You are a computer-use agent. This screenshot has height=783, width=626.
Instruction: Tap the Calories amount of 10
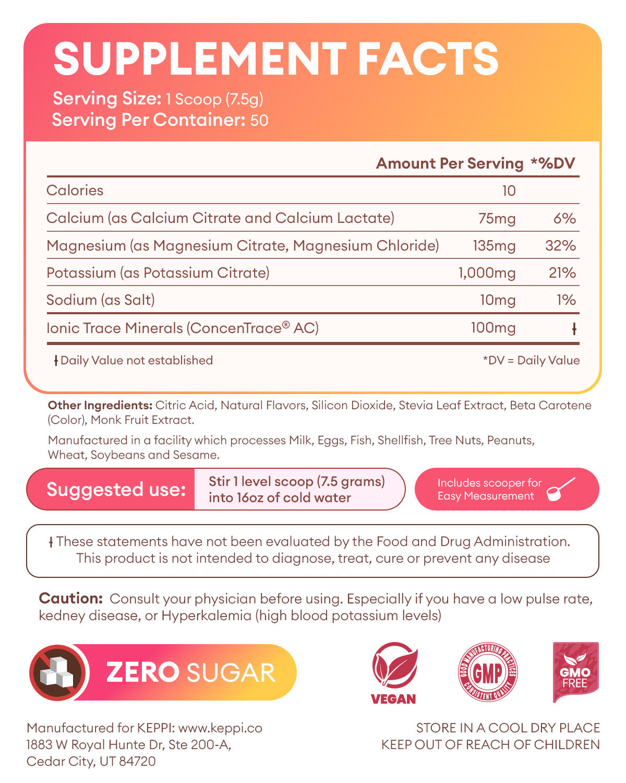point(509,191)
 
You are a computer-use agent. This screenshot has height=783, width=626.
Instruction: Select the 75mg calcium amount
point(497,218)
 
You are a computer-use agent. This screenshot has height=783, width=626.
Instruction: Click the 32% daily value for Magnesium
point(560,245)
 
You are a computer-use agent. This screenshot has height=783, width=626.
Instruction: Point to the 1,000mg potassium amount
point(487,273)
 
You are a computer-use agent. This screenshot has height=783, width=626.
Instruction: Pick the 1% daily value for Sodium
point(566,300)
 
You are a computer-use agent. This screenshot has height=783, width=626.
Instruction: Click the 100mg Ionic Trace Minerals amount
point(493,328)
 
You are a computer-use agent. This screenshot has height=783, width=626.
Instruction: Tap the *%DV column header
point(552,163)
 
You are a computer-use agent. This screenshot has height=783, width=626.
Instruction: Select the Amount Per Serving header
point(449,163)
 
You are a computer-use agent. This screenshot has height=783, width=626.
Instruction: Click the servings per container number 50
point(259,121)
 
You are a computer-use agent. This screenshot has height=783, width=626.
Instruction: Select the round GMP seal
point(487,672)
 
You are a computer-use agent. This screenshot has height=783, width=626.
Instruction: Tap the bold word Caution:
point(70,599)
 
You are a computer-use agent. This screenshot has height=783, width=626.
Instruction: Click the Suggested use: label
point(116,489)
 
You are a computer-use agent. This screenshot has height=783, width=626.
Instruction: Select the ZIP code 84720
point(138,761)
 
